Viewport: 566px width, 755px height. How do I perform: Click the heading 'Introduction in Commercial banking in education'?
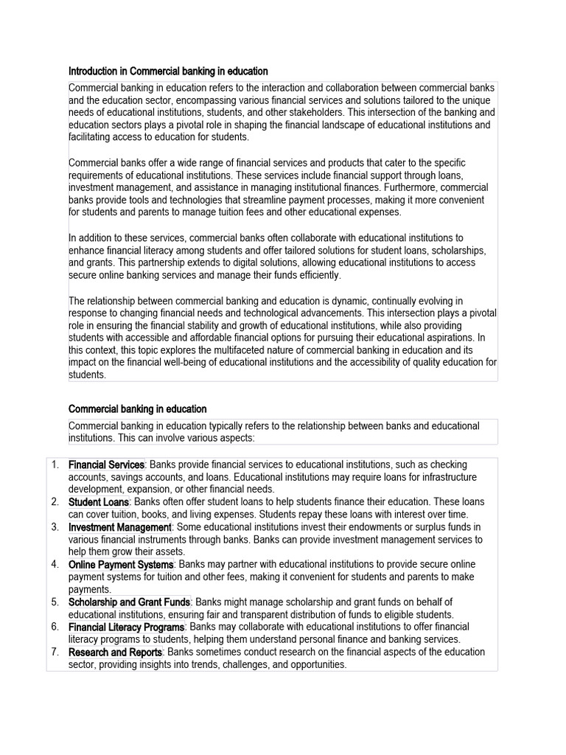[168, 72]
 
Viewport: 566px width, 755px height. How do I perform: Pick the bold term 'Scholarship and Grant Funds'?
[130, 602]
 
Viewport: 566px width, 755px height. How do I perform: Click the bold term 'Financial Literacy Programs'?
[126, 627]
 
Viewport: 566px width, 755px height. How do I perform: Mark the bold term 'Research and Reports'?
[115, 653]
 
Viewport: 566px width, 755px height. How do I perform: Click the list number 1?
[55, 465]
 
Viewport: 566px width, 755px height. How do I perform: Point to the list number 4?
[55, 565]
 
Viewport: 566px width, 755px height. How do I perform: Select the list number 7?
[55, 653]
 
